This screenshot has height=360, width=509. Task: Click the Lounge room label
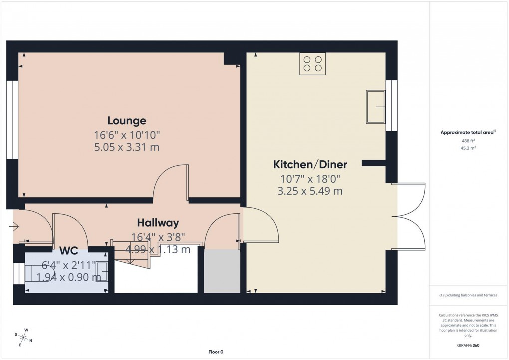tap(127, 120)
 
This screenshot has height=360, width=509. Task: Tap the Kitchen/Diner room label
tap(310, 165)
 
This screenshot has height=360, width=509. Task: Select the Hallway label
tap(158, 223)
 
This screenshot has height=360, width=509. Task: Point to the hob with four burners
tap(312, 64)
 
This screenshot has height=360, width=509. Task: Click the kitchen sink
tap(375, 106)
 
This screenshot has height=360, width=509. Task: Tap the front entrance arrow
tap(13, 228)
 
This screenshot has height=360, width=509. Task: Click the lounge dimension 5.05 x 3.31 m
tap(127, 147)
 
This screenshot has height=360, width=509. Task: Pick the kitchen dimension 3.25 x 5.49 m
tap(310, 191)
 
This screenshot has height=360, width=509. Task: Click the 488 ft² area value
tap(468, 141)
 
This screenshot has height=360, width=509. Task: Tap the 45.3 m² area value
tap(468, 148)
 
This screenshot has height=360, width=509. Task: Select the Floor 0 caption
tap(216, 352)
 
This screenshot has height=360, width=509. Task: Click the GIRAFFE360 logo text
tap(468, 345)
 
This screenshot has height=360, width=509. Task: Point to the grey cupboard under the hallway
tap(222, 271)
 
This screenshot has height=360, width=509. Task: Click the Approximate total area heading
tap(468, 132)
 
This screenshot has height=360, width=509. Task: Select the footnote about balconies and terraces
tap(468, 295)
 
